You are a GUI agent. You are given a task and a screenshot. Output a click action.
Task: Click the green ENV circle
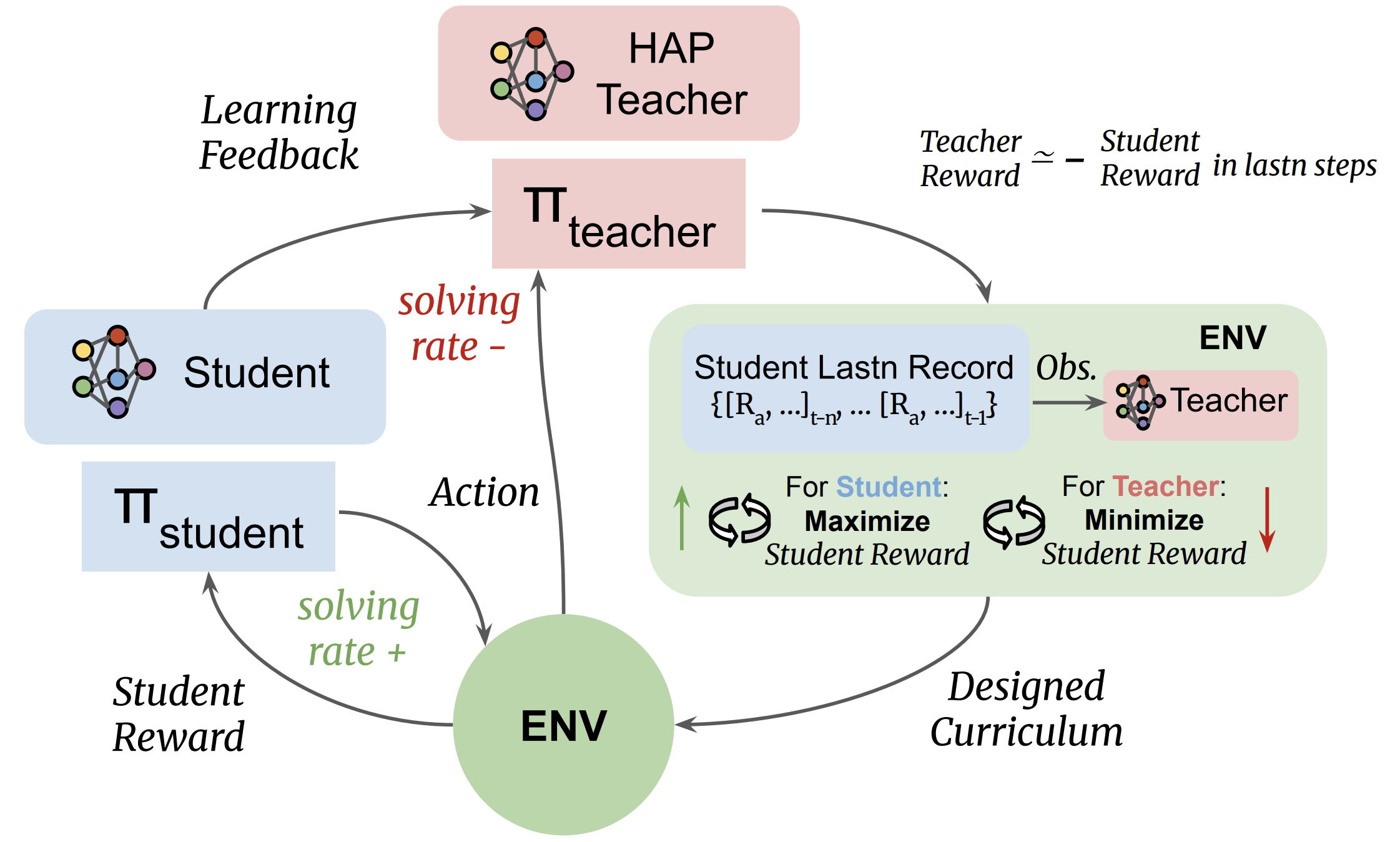(x=563, y=725)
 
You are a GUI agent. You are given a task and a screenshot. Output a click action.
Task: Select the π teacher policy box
(x=618, y=214)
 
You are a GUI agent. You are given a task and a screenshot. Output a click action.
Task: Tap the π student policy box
(x=208, y=516)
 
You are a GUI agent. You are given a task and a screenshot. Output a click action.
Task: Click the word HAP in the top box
(x=671, y=48)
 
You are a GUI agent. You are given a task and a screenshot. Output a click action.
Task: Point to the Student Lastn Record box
(x=854, y=388)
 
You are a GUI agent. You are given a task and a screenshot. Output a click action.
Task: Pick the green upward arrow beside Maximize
(x=682, y=518)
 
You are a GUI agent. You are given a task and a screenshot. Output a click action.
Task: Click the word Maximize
(x=867, y=521)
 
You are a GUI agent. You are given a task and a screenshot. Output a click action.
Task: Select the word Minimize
(x=1144, y=520)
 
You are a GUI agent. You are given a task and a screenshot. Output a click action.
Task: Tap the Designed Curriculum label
(x=1026, y=709)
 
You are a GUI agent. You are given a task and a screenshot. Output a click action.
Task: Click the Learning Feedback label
(x=279, y=132)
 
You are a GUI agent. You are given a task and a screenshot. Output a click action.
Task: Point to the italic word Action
(x=484, y=492)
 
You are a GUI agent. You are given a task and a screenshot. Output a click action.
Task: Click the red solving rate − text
(x=459, y=324)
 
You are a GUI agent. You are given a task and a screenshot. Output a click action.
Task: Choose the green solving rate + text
(x=358, y=628)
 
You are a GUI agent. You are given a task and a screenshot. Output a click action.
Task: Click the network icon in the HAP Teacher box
(x=531, y=74)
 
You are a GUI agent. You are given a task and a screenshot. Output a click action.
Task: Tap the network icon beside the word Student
(x=114, y=372)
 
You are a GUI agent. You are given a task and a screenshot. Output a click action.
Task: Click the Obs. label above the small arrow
(x=1066, y=368)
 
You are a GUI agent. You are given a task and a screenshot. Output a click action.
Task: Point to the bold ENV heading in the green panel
(x=1233, y=338)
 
